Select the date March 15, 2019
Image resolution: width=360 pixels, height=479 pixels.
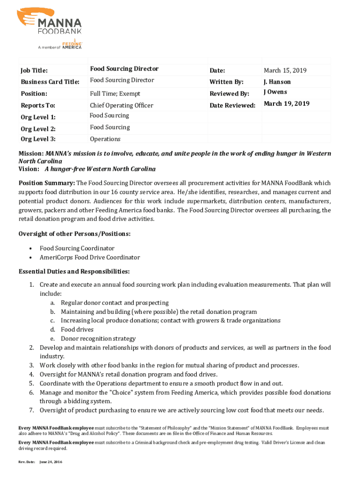285,71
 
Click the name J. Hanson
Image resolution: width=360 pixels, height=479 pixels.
277,82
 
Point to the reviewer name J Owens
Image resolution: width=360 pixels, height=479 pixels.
275,92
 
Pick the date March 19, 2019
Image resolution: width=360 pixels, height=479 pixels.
286,103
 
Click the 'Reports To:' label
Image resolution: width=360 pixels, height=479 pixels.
38,106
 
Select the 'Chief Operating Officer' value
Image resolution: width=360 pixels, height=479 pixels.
121,106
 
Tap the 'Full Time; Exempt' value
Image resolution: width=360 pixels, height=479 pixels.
115,94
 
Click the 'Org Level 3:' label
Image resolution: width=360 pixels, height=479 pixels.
38,139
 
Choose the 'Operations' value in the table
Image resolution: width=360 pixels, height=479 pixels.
105,139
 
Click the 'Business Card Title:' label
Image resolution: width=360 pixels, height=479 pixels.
50,82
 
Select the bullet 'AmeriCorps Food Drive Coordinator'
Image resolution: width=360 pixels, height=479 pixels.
89,257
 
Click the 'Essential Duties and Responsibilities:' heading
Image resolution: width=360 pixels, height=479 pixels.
74,271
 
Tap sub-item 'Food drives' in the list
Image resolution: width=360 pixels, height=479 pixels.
77,329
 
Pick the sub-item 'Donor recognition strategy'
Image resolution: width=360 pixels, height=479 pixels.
98,338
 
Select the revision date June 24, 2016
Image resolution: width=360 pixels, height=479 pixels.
51,462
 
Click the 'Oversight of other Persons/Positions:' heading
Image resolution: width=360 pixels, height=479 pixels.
74,233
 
